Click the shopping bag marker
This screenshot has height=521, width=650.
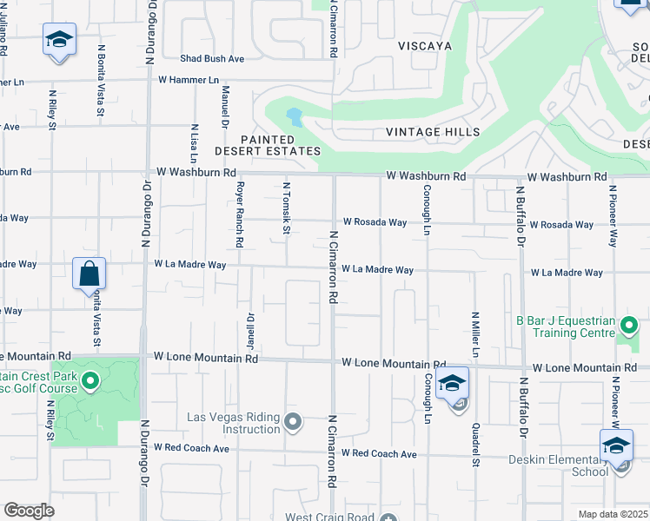(90, 274)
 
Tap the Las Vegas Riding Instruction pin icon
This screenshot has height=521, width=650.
(293, 423)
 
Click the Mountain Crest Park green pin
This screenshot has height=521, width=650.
(90, 380)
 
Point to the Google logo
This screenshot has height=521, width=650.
(29, 511)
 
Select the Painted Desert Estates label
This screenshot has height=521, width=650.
(280, 145)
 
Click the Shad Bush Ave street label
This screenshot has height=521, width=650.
(212, 59)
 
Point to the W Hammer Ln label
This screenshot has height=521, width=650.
(189, 80)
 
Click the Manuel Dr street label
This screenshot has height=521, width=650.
(224, 103)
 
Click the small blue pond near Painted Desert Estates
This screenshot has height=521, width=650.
(294, 115)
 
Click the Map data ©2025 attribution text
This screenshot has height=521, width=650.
(613, 514)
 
